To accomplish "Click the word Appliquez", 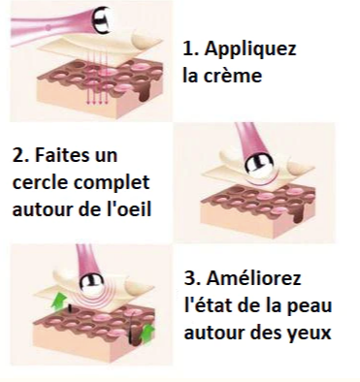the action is (250, 49).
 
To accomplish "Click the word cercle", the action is (40, 182).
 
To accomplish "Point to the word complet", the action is (112, 183).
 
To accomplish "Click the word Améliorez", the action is (253, 278).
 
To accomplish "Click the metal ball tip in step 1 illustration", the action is (102, 19).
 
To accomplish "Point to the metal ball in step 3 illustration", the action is (92, 285).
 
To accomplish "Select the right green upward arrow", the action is (147, 333).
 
